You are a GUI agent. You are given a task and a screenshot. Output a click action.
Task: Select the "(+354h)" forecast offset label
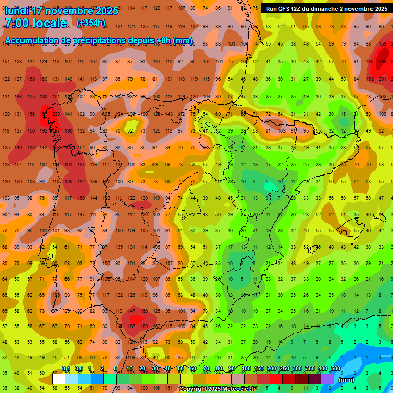(91, 23)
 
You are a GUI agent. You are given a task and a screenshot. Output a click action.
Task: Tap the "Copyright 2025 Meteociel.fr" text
(217, 389)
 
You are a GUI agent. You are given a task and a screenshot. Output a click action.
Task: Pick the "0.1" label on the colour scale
(66, 369)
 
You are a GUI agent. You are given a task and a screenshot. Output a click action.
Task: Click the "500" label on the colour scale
(336, 369)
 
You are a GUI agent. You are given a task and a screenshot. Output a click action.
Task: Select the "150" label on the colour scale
(259, 369)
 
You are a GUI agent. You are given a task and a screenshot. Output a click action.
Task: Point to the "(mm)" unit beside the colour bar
(346, 380)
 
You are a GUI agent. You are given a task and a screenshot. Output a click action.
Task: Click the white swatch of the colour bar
(59, 379)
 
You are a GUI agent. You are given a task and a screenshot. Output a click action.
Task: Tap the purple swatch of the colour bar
(327, 379)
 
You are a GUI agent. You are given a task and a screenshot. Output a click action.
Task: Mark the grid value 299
(382, 61)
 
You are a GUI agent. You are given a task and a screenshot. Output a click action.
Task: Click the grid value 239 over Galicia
(55, 114)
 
